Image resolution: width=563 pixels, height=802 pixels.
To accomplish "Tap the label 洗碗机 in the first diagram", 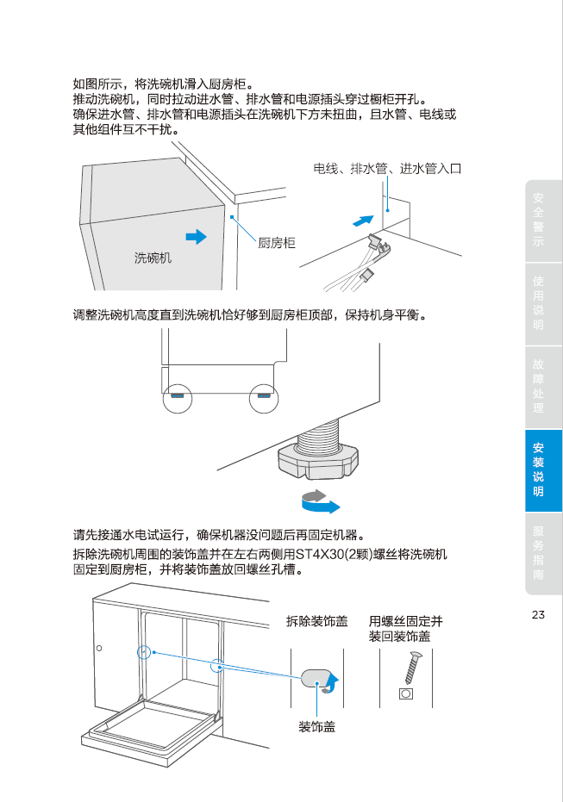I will coord(153,258).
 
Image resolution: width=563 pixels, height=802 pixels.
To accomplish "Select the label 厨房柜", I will coord(277,244).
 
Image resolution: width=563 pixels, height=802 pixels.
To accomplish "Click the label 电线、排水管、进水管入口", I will coord(387,169).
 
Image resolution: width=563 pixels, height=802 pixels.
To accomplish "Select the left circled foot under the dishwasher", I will coord(177,397).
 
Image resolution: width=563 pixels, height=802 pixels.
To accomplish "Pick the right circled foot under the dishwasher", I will coord(265,397).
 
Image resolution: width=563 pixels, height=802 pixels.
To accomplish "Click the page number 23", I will coord(539,615).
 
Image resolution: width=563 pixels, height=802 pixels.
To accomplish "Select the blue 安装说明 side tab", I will coord(538,470).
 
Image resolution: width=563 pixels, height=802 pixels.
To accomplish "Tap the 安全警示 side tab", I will coord(538,221).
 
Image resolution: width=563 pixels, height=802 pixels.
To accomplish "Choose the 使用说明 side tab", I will coord(538,303).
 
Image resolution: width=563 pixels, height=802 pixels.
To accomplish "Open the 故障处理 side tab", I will coord(538,387).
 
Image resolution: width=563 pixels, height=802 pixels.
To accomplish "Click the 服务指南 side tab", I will coord(538,553).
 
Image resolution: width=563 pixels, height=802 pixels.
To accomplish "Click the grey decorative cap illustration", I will coord(317,679).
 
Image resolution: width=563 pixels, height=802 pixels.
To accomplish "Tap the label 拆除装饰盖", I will coord(317,621).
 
